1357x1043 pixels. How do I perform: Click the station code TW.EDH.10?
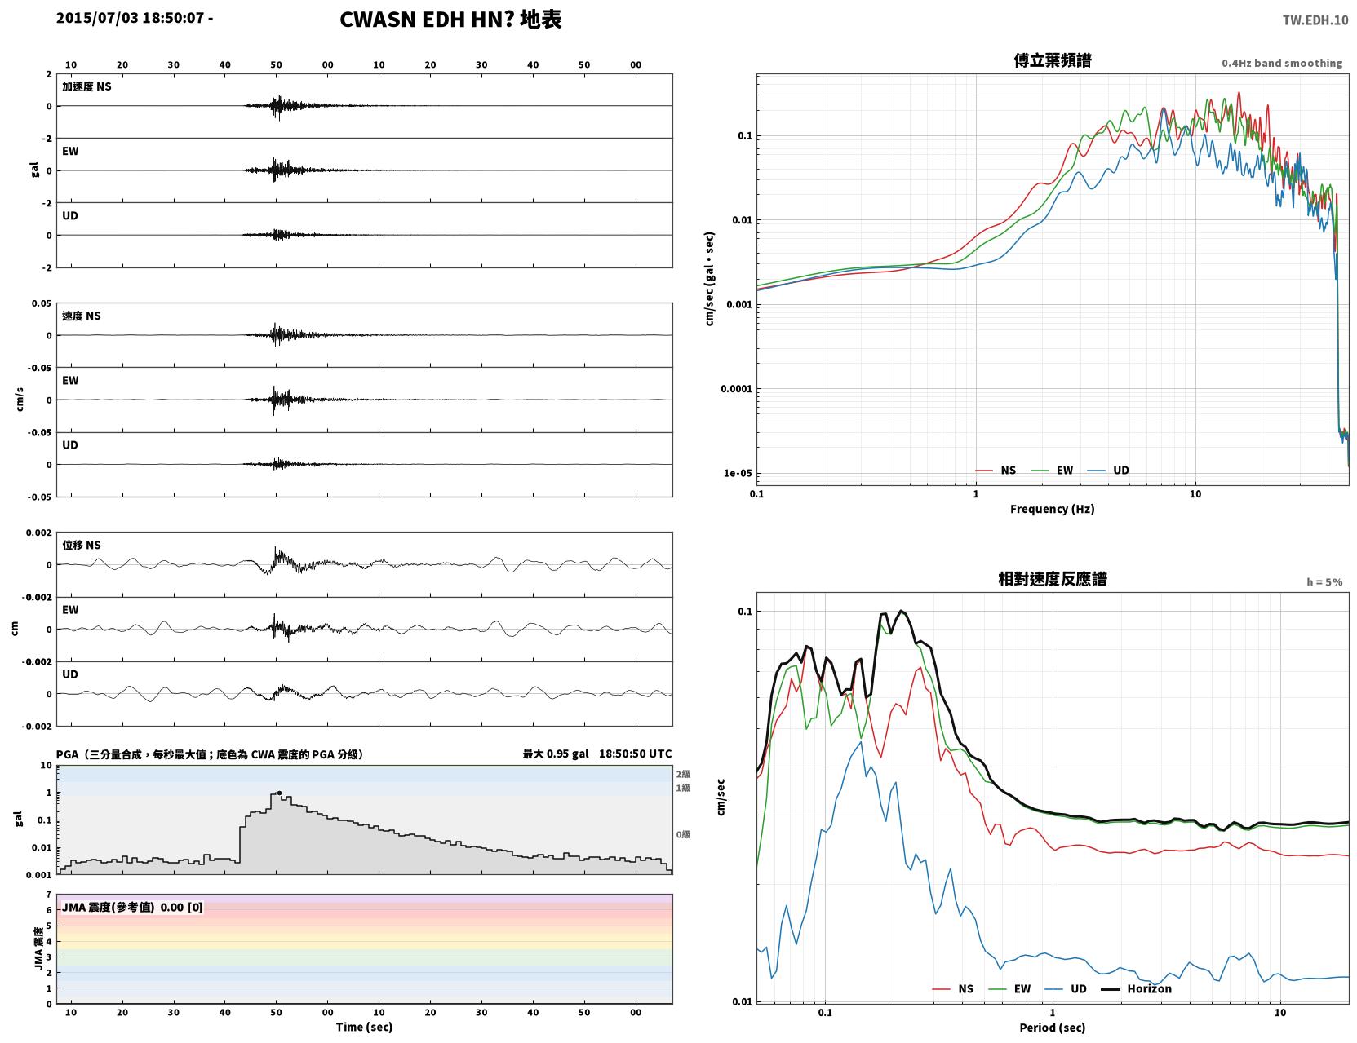click(x=1315, y=20)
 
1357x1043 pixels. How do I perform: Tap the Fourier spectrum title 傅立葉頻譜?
click(x=1053, y=60)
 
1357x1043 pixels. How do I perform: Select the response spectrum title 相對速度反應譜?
click(x=1053, y=579)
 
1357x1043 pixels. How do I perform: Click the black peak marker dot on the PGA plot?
click(x=279, y=793)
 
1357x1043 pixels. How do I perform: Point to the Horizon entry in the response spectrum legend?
click(x=1136, y=988)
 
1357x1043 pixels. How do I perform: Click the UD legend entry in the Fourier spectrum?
click(x=1108, y=471)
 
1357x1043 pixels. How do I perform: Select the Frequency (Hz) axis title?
click(x=1053, y=509)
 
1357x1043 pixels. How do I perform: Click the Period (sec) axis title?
click(x=1053, y=1028)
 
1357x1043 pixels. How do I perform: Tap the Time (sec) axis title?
click(x=364, y=1027)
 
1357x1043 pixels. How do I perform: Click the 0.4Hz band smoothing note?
click(x=1282, y=63)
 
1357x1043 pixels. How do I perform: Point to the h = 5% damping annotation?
click(x=1324, y=582)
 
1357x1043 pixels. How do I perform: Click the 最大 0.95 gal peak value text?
click(x=556, y=754)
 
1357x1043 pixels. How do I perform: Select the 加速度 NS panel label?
click(x=86, y=86)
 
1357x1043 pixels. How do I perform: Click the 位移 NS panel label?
click(x=81, y=546)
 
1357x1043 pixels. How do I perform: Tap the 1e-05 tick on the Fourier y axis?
click(x=738, y=473)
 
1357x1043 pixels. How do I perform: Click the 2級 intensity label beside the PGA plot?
click(x=683, y=774)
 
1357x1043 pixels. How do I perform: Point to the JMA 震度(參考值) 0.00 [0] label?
click(x=131, y=907)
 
